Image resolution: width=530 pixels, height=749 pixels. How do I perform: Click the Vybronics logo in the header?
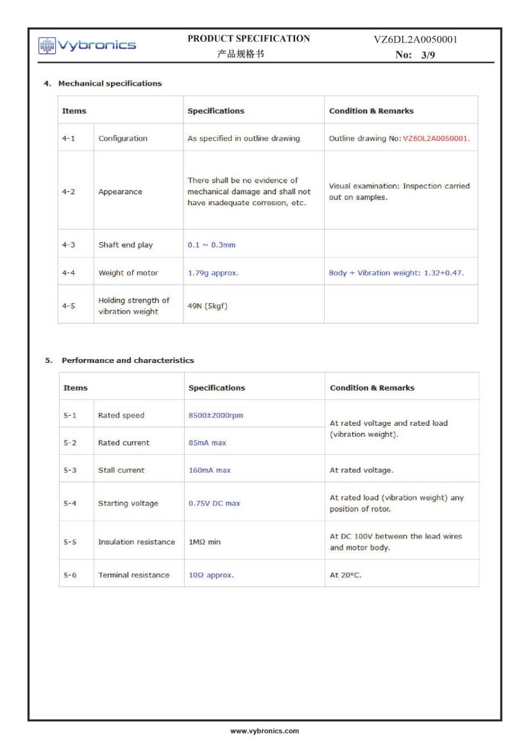[x=87, y=45]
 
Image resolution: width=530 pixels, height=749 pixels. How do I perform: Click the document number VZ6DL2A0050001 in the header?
[x=415, y=40]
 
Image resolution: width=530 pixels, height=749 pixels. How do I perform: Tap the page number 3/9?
[x=428, y=55]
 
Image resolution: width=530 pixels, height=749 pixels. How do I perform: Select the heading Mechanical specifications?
[x=110, y=83]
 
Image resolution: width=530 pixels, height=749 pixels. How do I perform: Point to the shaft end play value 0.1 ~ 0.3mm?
[x=211, y=245]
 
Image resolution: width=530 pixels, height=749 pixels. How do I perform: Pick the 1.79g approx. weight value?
[x=212, y=273]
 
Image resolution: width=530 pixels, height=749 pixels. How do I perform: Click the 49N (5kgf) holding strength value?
[x=207, y=306]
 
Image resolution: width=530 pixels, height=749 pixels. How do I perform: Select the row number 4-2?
[x=69, y=192]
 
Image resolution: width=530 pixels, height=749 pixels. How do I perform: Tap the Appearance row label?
[x=120, y=192]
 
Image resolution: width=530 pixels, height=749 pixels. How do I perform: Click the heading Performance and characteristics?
[x=128, y=360]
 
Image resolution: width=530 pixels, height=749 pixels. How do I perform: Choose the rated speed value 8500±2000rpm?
[x=216, y=416]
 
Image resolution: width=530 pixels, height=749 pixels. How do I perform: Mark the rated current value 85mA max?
[x=207, y=443]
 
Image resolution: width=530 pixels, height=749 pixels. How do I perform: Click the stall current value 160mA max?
[x=209, y=471]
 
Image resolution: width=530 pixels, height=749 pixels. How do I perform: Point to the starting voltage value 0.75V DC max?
[x=214, y=503]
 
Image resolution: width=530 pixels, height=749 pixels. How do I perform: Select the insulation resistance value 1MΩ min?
[x=204, y=543]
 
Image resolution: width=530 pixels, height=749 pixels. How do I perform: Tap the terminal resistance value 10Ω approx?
[x=210, y=575]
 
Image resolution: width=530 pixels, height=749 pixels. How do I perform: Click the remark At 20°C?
[x=345, y=575]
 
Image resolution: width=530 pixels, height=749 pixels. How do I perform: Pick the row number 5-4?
[x=70, y=503]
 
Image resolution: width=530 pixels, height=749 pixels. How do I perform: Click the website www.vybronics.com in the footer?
[x=264, y=731]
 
